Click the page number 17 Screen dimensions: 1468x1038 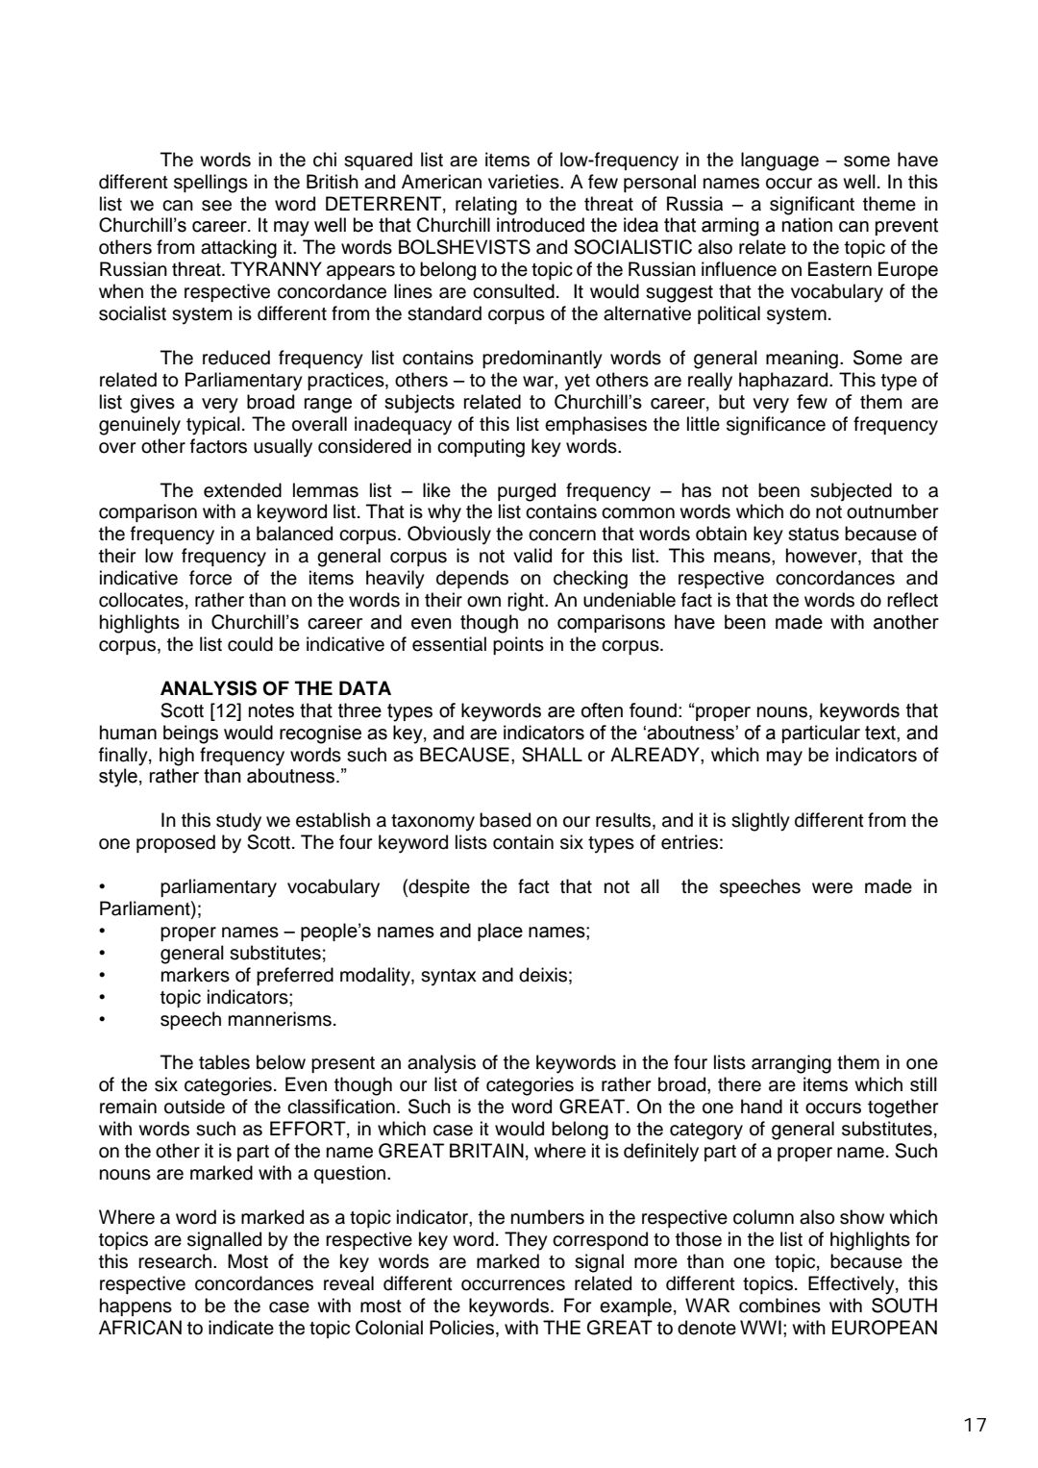click(975, 1425)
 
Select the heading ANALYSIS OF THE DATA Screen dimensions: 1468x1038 click(276, 688)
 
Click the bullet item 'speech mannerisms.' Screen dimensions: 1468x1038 click(248, 1019)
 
